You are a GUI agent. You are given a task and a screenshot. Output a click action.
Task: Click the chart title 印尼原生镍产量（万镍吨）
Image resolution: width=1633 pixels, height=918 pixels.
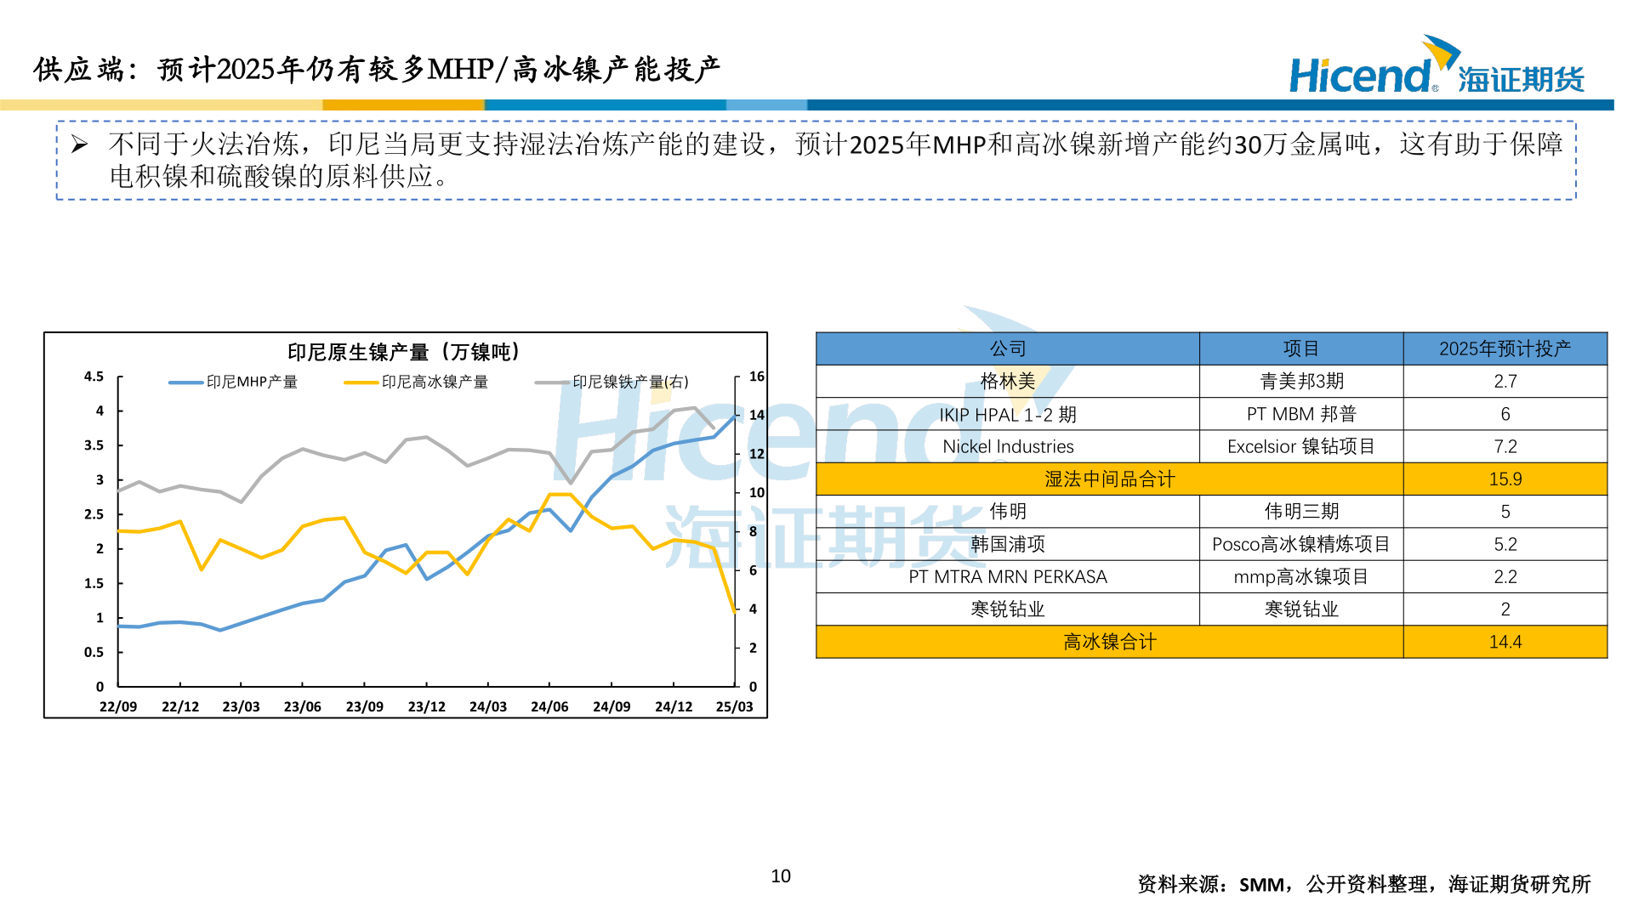[x=403, y=352]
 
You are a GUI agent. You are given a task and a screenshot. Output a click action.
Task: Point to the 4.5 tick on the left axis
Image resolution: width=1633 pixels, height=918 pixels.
[x=94, y=377]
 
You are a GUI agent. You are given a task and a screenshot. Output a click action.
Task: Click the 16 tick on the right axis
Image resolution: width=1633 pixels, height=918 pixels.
[x=756, y=377]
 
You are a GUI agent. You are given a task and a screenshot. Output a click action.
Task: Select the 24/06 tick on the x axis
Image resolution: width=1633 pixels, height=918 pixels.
[x=549, y=706]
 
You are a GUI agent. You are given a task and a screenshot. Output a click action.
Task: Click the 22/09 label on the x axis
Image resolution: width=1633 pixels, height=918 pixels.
[x=118, y=706]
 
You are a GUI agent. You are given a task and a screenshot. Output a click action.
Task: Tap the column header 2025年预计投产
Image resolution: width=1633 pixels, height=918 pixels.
[x=1505, y=348]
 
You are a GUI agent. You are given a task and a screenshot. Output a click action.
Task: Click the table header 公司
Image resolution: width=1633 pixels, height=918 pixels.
[x=1008, y=348]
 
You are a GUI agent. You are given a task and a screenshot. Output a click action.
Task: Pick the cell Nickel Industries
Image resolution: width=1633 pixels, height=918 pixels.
[x=1008, y=446]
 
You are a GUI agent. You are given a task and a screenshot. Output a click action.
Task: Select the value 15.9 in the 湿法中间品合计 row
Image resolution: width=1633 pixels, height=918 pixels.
[x=1505, y=479]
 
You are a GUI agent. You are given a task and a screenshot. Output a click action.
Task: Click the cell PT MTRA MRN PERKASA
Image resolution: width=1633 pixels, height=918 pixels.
[x=1008, y=577]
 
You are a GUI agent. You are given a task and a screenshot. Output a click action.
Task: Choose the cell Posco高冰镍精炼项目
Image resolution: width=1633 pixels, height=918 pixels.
[x=1300, y=544]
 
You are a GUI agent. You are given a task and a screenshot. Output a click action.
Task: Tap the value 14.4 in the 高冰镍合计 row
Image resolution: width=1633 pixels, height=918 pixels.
[x=1505, y=642]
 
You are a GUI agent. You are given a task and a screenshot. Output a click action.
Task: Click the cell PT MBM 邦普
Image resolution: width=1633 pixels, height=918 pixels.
[x=1300, y=414]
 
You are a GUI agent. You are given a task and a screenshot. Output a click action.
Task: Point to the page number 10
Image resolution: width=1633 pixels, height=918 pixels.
[x=781, y=876]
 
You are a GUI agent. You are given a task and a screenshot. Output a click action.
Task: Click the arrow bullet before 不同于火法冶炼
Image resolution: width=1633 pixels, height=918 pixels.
[x=80, y=144]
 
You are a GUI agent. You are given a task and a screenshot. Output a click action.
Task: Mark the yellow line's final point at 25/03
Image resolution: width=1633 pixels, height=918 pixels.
[x=735, y=610]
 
